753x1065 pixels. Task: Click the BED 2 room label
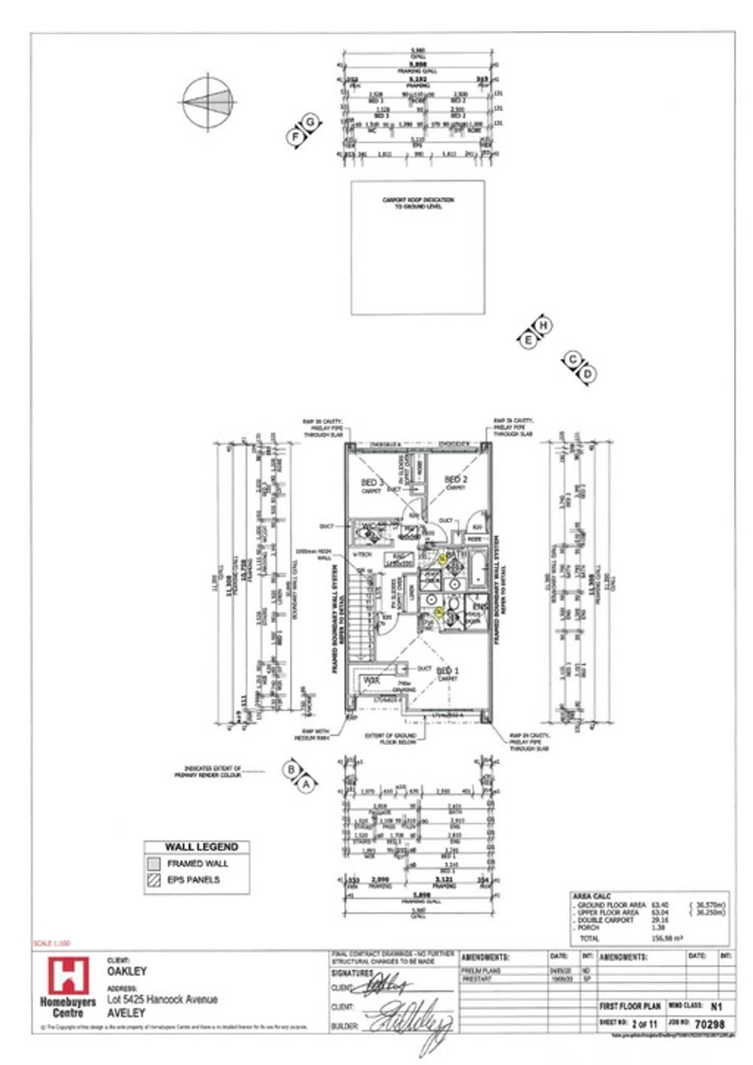click(456, 479)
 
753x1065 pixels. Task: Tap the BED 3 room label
click(372, 482)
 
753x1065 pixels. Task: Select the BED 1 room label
click(447, 670)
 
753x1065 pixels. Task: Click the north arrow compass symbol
click(208, 103)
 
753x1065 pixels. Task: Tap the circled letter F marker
click(296, 136)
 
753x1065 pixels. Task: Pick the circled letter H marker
click(544, 325)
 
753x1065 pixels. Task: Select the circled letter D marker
click(588, 374)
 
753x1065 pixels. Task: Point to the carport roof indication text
click(418, 203)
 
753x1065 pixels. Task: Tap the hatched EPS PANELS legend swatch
click(154, 880)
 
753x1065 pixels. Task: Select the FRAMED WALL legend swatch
click(154, 864)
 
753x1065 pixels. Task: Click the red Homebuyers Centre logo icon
click(68, 975)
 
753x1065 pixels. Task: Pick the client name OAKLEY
click(127, 972)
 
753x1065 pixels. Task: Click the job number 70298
click(709, 1024)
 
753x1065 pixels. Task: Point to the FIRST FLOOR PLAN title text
click(630, 1006)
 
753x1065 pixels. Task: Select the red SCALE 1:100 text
click(51, 943)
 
